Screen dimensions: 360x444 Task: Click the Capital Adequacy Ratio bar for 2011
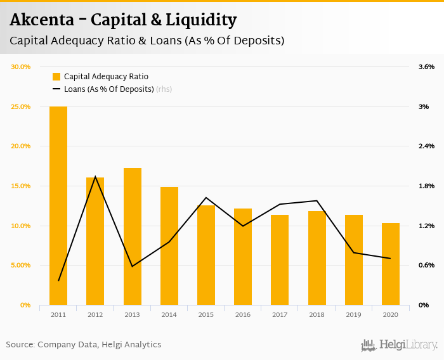coord(58,205)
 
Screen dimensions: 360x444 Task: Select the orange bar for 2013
coord(133,236)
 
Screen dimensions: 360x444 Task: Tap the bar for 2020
coord(391,264)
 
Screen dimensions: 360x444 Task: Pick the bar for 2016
coord(243,257)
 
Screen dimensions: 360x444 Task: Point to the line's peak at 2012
coord(95,177)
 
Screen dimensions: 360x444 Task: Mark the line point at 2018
coord(317,201)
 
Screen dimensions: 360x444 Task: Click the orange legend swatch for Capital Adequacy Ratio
coord(56,77)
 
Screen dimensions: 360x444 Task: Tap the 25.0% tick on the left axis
coord(21,106)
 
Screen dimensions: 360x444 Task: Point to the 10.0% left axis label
coord(21,226)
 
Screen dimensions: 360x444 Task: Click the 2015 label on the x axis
coord(206,314)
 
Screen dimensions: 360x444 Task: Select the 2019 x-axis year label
coord(354,314)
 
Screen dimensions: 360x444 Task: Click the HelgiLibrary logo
coord(400,345)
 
